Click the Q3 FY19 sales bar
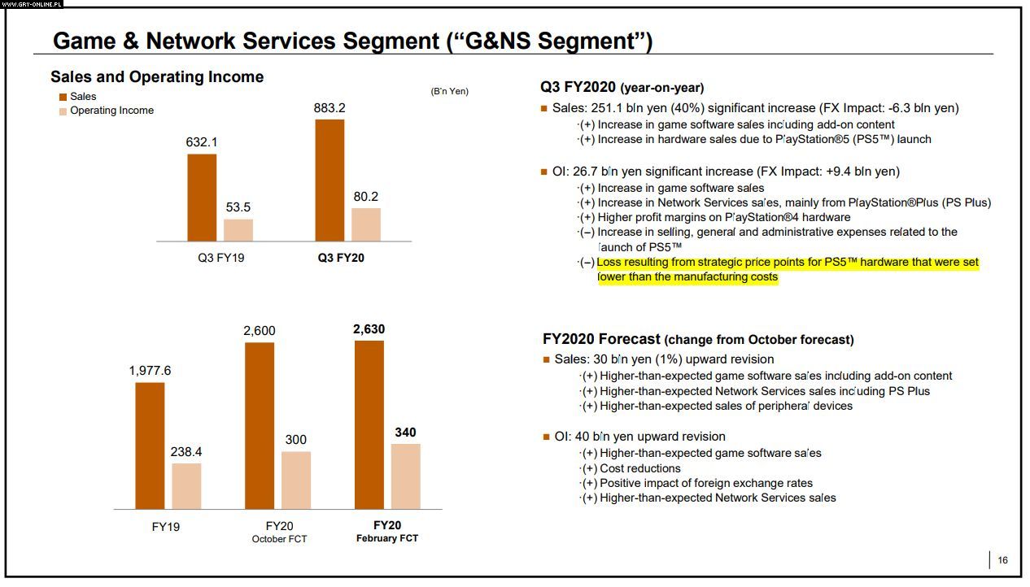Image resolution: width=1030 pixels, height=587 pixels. [202, 198]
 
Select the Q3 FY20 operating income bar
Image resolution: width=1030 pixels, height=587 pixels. [365, 224]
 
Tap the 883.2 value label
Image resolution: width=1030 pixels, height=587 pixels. [330, 107]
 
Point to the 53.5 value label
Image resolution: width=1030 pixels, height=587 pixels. [238, 207]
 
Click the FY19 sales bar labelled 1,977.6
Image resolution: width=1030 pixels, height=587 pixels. [150, 446]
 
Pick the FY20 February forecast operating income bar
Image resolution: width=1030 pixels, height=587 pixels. [405, 476]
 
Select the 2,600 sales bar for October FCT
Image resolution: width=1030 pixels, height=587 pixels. [260, 425]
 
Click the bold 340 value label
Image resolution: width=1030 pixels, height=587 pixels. [405, 433]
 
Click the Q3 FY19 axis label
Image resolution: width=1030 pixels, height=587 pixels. [220, 259]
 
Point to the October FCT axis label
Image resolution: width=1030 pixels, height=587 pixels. [279, 539]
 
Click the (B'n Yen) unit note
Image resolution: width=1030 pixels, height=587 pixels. [449, 91]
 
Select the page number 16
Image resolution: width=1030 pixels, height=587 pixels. [1002, 560]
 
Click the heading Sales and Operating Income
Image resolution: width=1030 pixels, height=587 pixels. [157, 77]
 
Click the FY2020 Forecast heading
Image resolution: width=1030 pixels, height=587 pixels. [602, 339]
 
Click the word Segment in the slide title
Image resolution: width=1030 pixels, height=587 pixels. [395, 41]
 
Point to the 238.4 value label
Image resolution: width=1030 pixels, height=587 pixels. [186, 451]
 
